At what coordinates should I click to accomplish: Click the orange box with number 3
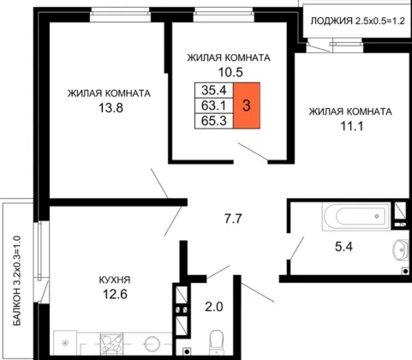247,105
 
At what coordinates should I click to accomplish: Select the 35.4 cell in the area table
214,90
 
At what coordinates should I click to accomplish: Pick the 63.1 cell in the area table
214,105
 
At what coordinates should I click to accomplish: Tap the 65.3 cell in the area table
214,121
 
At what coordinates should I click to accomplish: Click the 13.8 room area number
110,108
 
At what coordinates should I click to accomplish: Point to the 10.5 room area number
230,72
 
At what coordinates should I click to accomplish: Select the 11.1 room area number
352,126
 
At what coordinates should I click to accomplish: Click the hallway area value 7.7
233,219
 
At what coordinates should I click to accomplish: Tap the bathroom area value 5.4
343,246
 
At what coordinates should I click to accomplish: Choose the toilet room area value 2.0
214,307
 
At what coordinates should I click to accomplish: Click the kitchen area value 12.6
115,294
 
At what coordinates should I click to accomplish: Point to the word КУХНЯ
115,279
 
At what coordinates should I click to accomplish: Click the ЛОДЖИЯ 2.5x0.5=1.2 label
358,21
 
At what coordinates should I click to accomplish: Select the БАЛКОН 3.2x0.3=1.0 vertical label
17,280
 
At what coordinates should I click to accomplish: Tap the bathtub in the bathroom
356,216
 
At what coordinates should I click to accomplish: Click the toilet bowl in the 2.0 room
216,343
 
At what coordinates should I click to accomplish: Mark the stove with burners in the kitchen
111,344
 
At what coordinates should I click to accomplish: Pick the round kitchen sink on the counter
152,344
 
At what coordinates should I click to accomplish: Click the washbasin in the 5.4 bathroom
401,249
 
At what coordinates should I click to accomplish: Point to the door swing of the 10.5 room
253,151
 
